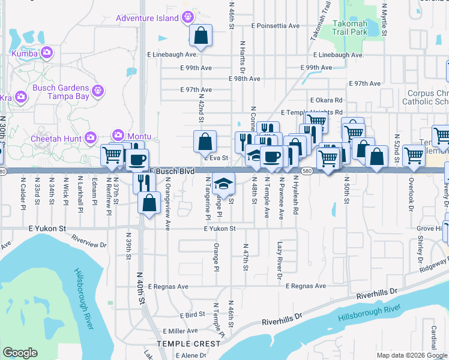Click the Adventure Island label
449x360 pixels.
147,18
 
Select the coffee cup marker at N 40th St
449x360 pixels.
137,159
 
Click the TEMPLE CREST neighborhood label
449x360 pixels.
181,343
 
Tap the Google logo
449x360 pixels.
20,353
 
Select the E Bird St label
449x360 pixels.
192,314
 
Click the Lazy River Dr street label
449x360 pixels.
280,261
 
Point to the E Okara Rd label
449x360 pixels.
326,100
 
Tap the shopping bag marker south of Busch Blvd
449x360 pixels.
149,202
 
